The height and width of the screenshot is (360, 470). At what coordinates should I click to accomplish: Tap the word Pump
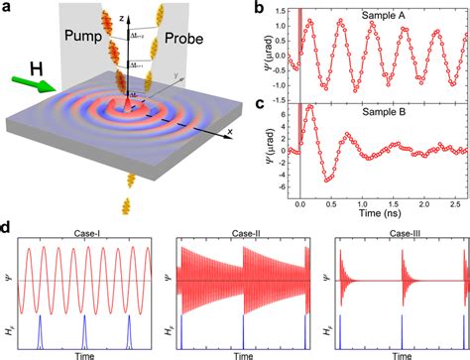pos(80,39)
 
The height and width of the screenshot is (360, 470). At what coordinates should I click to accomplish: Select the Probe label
pos(183,39)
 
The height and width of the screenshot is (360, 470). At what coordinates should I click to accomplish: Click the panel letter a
pos(8,9)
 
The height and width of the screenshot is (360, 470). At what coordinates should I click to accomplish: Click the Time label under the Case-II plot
pos(239,351)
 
